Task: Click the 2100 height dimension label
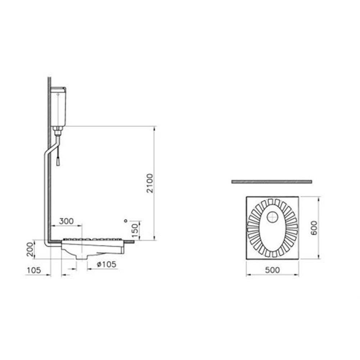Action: click(x=150, y=183)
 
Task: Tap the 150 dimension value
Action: click(x=135, y=231)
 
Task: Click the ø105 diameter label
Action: click(x=107, y=264)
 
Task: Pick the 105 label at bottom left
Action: click(x=33, y=270)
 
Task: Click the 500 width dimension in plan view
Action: click(x=272, y=270)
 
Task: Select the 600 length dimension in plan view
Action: click(x=314, y=227)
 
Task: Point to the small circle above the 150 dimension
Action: click(x=125, y=220)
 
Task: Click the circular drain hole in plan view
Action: click(x=273, y=217)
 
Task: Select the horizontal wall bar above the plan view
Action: click(x=272, y=182)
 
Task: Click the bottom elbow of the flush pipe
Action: click(x=47, y=243)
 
